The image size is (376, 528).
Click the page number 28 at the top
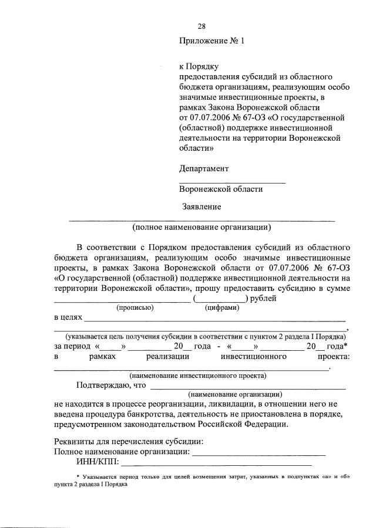[x=202, y=26]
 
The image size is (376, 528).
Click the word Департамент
[x=204, y=168]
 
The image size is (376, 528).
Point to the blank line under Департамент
[x=232, y=182]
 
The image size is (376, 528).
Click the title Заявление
[x=202, y=207]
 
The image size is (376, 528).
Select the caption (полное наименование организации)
[x=202, y=226]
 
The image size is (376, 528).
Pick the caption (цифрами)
[x=221, y=307]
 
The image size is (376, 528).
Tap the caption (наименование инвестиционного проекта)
[x=198, y=375]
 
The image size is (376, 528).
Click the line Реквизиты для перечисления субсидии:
[x=129, y=441]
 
